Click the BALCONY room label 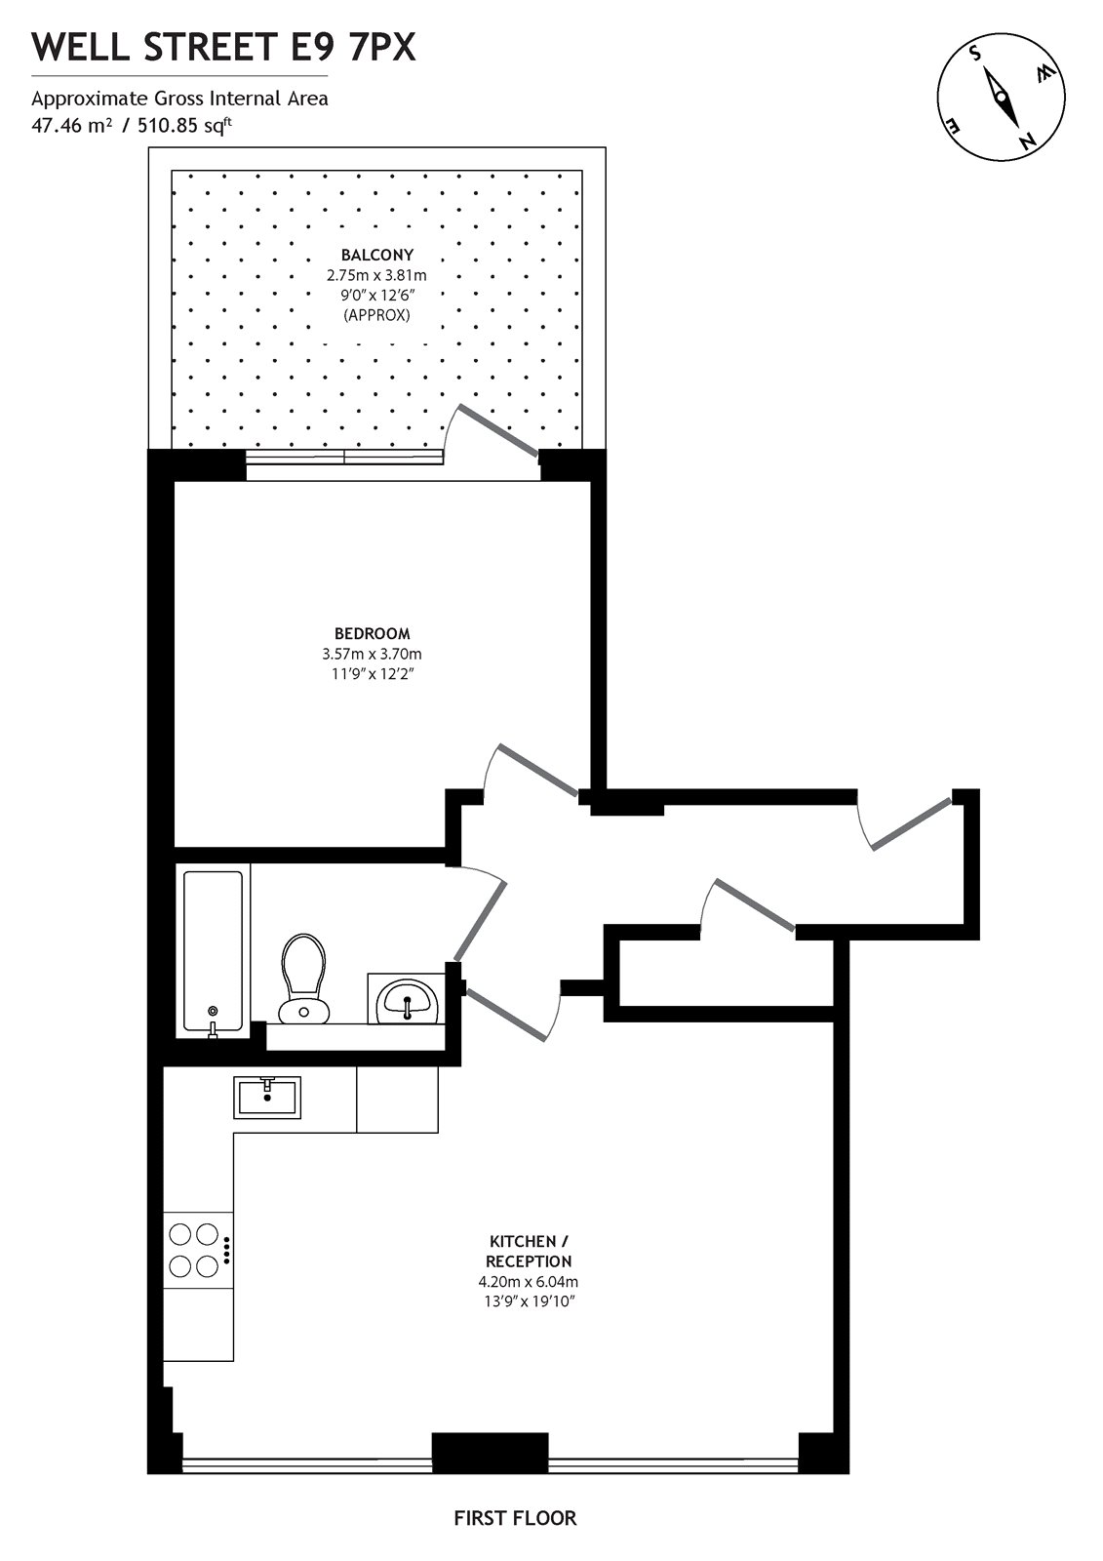(x=376, y=255)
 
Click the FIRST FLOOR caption (x=515, y=1517)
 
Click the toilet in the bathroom (x=303, y=977)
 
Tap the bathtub (x=213, y=951)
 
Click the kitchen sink (x=267, y=1097)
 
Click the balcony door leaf (x=499, y=432)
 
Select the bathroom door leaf (x=479, y=921)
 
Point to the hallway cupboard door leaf (x=755, y=904)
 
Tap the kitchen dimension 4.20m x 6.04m (x=530, y=1282)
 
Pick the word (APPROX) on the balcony (x=376, y=315)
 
